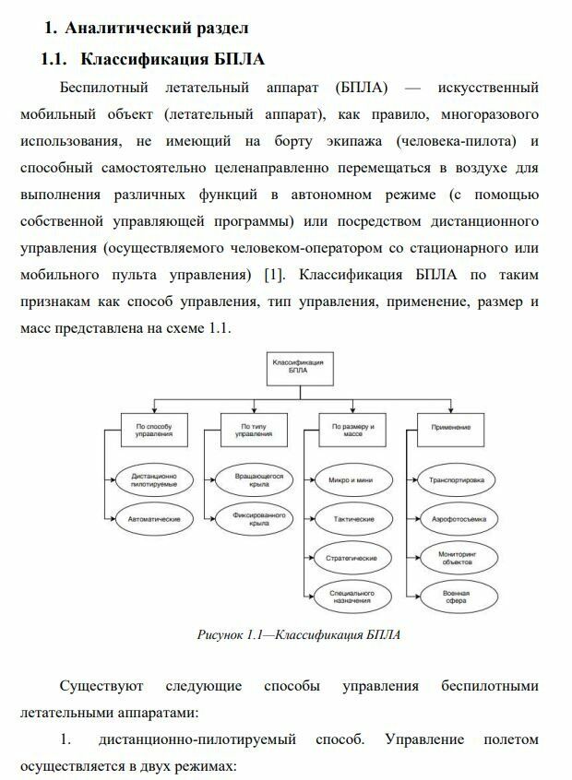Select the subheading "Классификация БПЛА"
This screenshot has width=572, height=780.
(x=173, y=60)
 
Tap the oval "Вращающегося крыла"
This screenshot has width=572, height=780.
(x=247, y=480)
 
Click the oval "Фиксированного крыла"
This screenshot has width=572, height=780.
(x=247, y=519)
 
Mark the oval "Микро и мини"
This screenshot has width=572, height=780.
(x=350, y=480)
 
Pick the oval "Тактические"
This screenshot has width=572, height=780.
(x=350, y=519)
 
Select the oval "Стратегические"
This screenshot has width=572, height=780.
(x=350, y=559)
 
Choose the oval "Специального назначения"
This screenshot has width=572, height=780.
(x=350, y=597)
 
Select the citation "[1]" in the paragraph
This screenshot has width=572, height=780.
(x=273, y=275)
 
